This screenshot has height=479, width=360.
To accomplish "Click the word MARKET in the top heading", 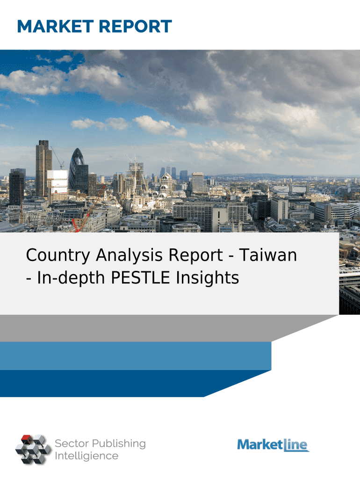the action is [55, 26].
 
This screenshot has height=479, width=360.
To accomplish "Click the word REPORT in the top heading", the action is [135, 26].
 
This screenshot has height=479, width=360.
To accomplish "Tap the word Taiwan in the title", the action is [268, 255].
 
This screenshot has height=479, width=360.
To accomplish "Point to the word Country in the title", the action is [58, 256].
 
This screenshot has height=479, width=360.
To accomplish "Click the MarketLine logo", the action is [273, 445].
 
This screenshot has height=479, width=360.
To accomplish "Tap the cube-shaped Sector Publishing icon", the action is [33, 449].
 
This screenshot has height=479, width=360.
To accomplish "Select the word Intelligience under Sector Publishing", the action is [86, 456].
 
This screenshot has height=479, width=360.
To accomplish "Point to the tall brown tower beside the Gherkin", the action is [43, 168].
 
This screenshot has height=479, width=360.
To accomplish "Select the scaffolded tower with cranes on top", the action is [136, 174].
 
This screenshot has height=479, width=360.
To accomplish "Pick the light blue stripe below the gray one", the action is [136, 356].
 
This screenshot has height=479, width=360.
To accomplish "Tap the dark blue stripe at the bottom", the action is [122, 384].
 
